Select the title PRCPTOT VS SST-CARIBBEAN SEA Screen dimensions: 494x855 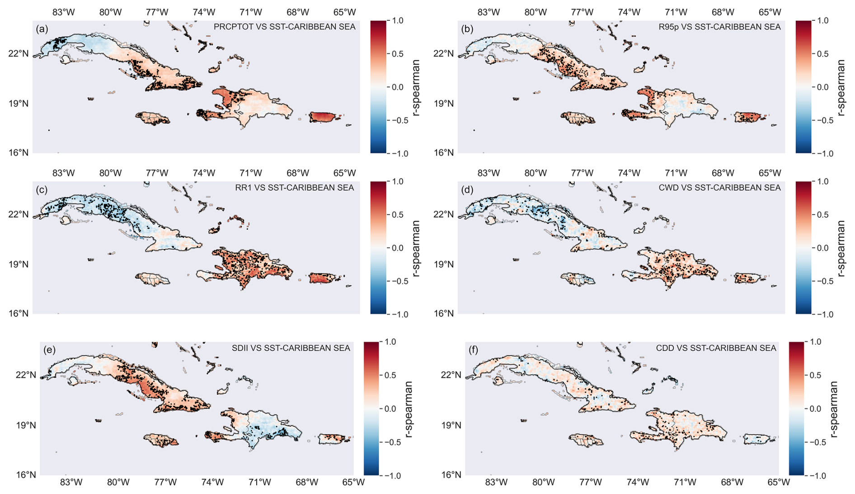pyautogui.click(x=284, y=27)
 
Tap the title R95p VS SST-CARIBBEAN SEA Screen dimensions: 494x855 pyautogui.click(x=719, y=27)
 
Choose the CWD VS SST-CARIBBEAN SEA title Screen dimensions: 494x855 pyautogui.click(x=719, y=188)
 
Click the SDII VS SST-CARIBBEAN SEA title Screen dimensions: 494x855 pyautogui.click(x=291, y=348)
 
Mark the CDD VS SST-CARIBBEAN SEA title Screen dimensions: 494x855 pyautogui.click(x=716, y=348)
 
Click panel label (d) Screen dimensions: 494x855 pyautogui.click(x=467, y=190)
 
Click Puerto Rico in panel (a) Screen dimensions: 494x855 pyautogui.click(x=325, y=117)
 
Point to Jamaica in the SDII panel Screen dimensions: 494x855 pyautogui.click(x=160, y=439)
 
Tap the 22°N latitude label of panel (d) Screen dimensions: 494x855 pyautogui.click(x=445, y=214)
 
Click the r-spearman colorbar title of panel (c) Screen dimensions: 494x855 pyautogui.click(x=416, y=248)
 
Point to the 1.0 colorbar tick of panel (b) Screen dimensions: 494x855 pyautogui.click(x=823, y=20)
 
